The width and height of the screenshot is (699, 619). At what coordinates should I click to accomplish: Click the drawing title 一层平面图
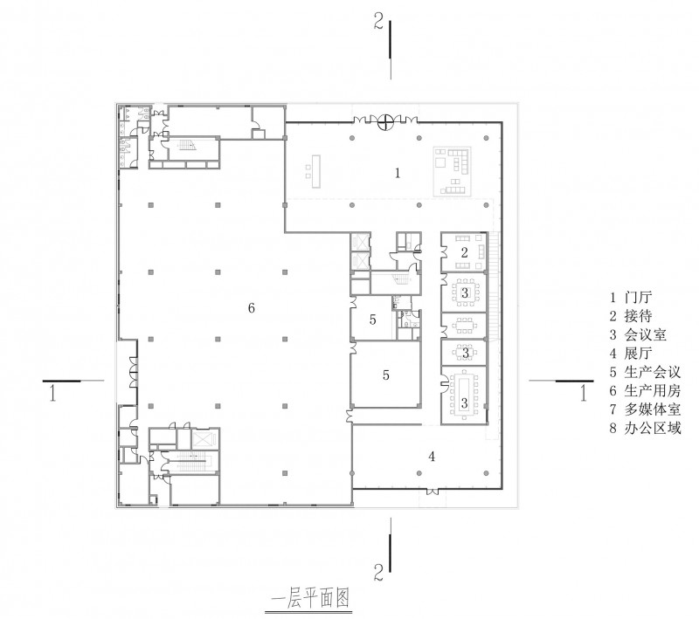coord(311,598)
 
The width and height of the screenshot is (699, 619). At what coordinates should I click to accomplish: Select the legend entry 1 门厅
coord(631,297)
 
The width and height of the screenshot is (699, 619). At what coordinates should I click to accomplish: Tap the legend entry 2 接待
coord(631,316)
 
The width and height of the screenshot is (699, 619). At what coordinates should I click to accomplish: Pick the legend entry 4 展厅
coord(631,353)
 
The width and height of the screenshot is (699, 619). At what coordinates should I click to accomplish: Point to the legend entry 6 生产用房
coord(645,390)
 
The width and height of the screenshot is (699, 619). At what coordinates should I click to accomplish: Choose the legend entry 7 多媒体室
coord(645,409)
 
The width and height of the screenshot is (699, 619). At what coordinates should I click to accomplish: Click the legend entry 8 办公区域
coord(645,428)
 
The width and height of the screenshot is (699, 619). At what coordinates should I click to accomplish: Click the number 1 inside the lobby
coord(398,173)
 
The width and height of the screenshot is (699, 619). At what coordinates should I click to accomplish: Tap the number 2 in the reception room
coord(465,252)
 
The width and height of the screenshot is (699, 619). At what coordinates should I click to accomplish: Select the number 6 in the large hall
coord(252,307)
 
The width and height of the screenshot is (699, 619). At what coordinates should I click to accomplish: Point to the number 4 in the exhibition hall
coord(432,456)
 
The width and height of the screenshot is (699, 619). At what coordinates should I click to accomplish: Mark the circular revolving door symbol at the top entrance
coord(385,121)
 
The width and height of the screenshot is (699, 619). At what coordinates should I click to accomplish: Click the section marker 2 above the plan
coord(378,21)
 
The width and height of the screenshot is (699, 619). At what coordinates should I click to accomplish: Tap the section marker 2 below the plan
coord(378,572)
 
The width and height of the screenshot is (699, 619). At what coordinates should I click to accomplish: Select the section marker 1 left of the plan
coord(53,393)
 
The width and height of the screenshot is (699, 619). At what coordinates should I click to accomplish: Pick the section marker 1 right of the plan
coord(583,393)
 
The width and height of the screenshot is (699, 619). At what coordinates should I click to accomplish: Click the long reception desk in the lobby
coord(317,171)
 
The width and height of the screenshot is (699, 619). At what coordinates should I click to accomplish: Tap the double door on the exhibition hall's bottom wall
coord(432,492)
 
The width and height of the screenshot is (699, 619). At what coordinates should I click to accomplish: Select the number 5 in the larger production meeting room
coord(386,375)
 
